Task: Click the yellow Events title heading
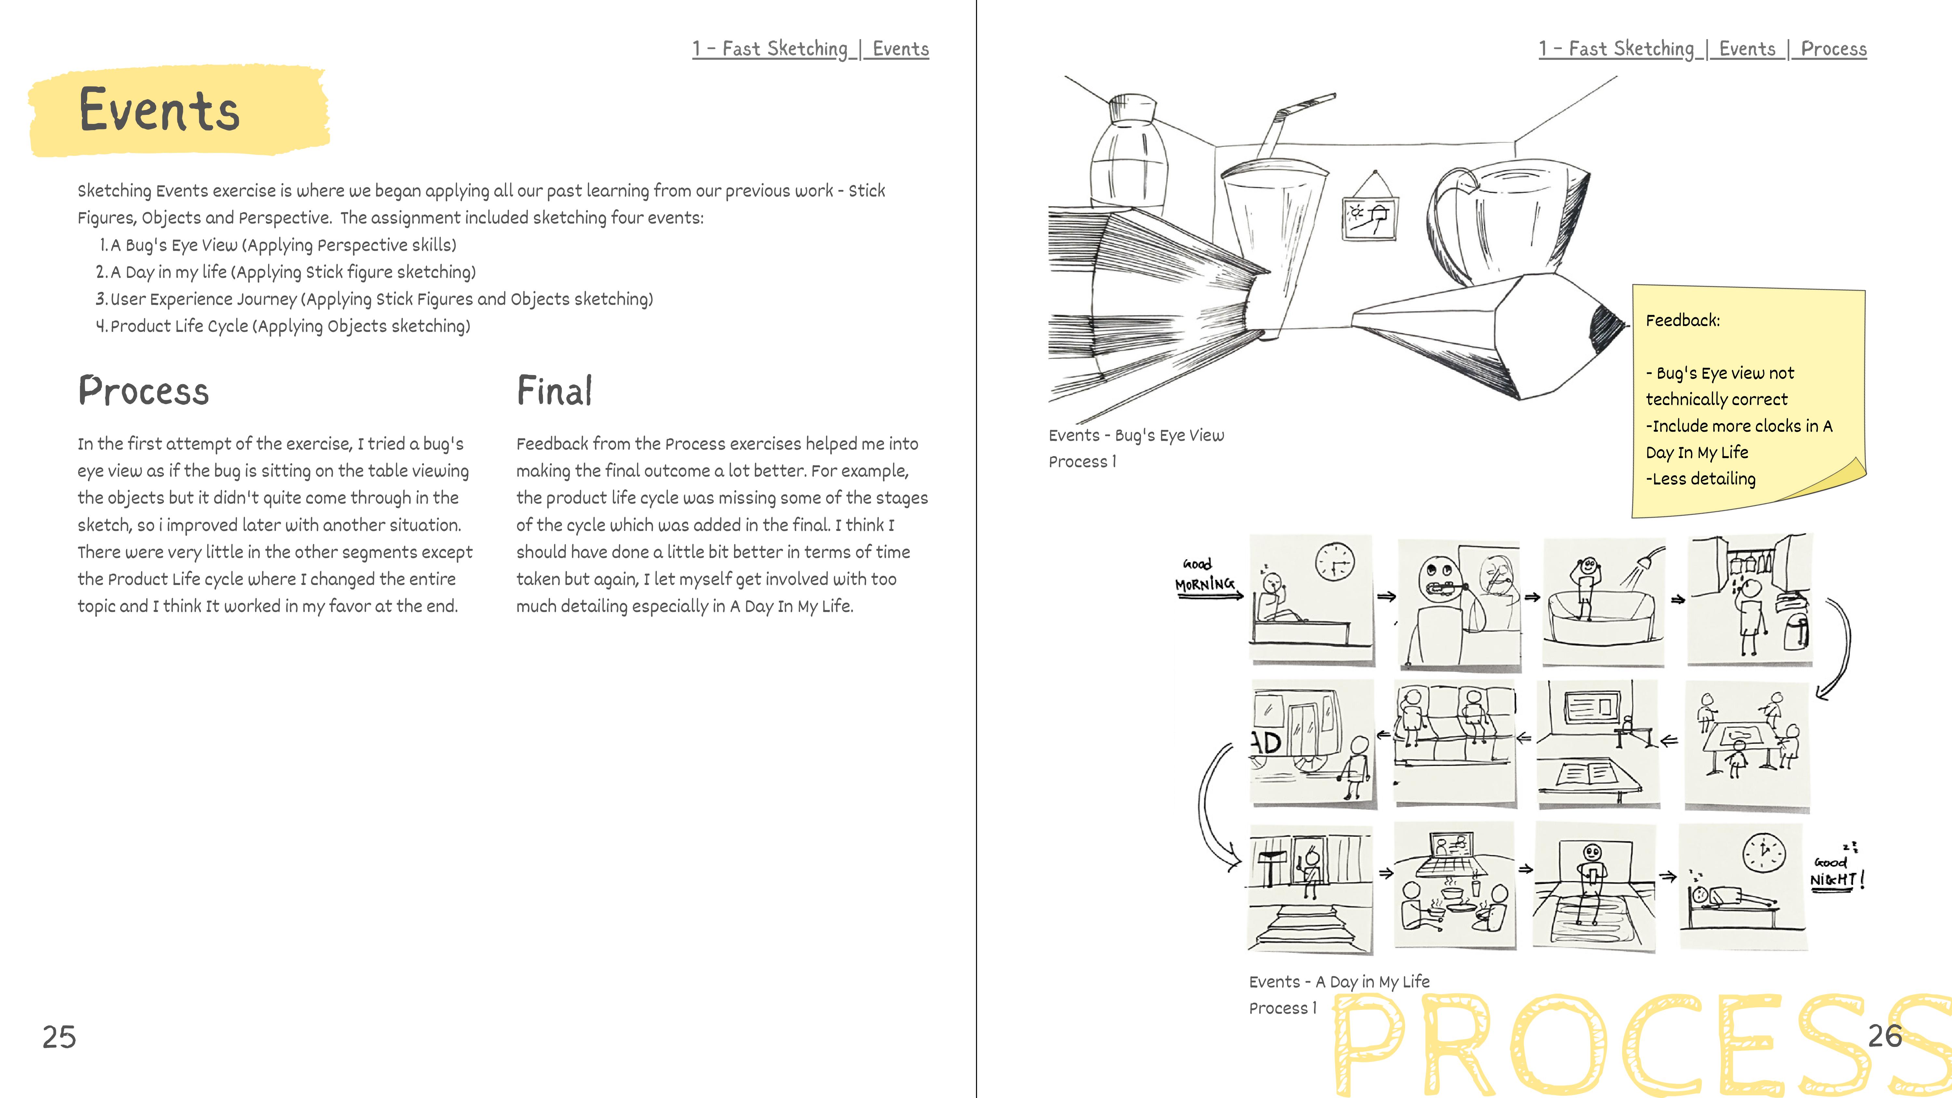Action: click(159, 111)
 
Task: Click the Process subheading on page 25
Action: click(143, 391)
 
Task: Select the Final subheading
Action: click(554, 391)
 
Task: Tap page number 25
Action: click(59, 1037)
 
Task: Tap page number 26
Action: click(1885, 1035)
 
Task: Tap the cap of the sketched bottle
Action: click(1131, 110)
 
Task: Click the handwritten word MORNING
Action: click(1204, 584)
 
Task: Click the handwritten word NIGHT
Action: click(1833, 880)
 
